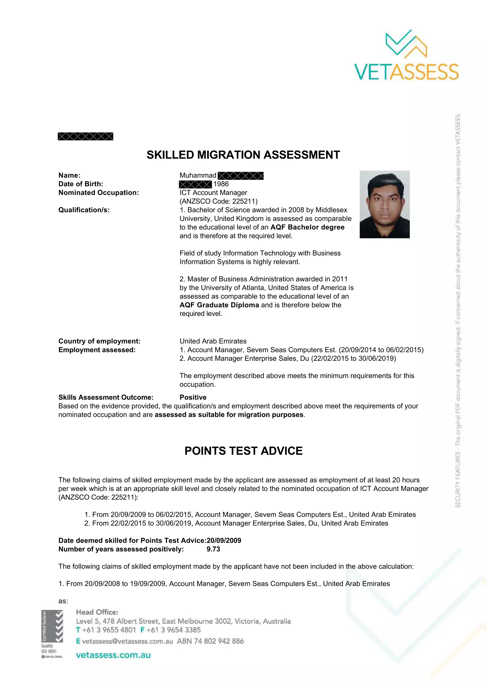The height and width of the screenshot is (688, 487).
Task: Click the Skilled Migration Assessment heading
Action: click(243, 155)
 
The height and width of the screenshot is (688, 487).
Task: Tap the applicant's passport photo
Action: click(384, 204)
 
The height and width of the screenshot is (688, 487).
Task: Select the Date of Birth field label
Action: click(81, 184)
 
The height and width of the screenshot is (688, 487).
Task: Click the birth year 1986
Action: click(221, 184)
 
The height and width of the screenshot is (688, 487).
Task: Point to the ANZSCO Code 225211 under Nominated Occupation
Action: click(218, 201)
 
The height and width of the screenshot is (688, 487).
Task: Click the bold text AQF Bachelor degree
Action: click(307, 227)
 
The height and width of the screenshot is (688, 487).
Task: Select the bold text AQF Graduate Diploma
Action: click(219, 305)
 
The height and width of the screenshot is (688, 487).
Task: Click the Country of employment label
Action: click(99, 341)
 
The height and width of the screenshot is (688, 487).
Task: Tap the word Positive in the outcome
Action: click(193, 397)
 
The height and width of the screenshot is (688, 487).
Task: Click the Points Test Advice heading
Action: click(243, 451)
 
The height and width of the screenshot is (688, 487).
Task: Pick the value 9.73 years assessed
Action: click(213, 549)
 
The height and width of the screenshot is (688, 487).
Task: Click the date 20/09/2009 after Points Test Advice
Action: click(224, 541)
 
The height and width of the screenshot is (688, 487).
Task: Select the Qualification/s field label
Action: click(84, 210)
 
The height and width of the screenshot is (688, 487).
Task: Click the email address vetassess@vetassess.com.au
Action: click(127, 641)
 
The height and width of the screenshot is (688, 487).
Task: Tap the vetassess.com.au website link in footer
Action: click(113, 655)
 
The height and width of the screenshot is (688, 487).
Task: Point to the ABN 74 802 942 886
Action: click(210, 641)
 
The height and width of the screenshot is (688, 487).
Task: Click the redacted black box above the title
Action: click(85, 137)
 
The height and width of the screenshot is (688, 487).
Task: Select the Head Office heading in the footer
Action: click(97, 612)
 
